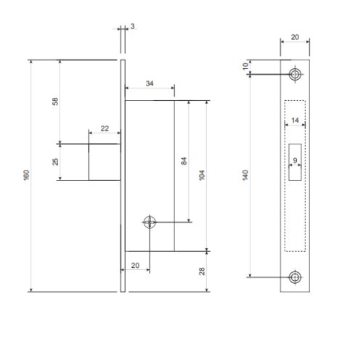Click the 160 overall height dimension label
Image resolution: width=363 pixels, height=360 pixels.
pyautogui.click(x=26, y=175)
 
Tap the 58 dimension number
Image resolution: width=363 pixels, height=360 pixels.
pyautogui.click(x=55, y=102)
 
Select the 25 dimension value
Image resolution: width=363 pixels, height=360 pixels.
pyautogui.click(x=55, y=162)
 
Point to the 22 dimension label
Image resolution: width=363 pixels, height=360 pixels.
pyautogui.click(x=105, y=128)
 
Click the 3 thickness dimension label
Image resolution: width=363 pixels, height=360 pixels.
pyautogui.click(x=132, y=26)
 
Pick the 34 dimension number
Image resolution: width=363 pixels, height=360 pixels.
pyautogui.click(x=150, y=83)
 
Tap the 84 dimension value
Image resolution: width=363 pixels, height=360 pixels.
pyautogui.click(x=184, y=161)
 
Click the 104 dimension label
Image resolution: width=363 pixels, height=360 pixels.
pyautogui.click(x=202, y=175)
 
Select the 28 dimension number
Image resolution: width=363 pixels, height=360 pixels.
pyautogui.click(x=202, y=271)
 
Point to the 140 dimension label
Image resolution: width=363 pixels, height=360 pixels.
pyautogui.click(x=245, y=175)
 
